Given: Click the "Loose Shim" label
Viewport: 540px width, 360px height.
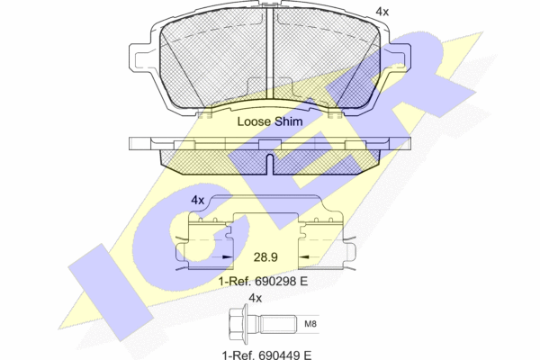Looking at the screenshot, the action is [270, 121].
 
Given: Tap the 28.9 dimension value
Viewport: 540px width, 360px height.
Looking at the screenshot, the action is [265, 257].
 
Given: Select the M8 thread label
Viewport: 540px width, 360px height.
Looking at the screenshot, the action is [310, 324].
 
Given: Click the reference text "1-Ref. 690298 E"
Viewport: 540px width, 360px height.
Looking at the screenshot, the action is [263, 281].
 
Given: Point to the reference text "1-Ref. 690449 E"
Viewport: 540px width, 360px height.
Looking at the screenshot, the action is [267, 355].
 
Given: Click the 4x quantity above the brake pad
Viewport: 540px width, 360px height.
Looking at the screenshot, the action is [382, 12].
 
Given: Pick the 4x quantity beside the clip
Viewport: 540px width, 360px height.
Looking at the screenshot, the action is [198, 200].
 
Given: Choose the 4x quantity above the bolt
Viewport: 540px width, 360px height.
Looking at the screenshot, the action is [256, 298].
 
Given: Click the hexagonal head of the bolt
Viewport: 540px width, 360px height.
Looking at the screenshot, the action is [238, 324].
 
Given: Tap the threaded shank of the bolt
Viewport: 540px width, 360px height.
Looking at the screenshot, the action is [278, 324].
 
